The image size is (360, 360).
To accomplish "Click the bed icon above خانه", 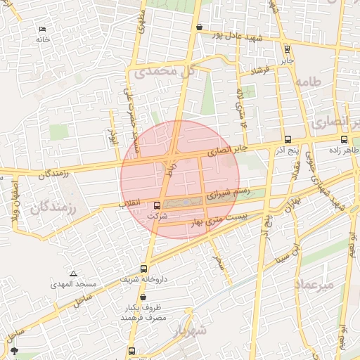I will coord(42,30).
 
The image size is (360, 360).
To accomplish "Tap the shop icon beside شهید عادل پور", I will coord(200,27).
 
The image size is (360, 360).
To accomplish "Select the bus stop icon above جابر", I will coord(286,49).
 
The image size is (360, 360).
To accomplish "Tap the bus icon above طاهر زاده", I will coord(344,139).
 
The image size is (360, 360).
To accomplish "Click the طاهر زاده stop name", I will coord(345,150).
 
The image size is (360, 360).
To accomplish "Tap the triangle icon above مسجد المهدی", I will coord(74,274).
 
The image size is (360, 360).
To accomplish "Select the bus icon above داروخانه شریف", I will coord(144,268).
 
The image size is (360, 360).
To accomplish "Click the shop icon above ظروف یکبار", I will coord(143,297).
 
